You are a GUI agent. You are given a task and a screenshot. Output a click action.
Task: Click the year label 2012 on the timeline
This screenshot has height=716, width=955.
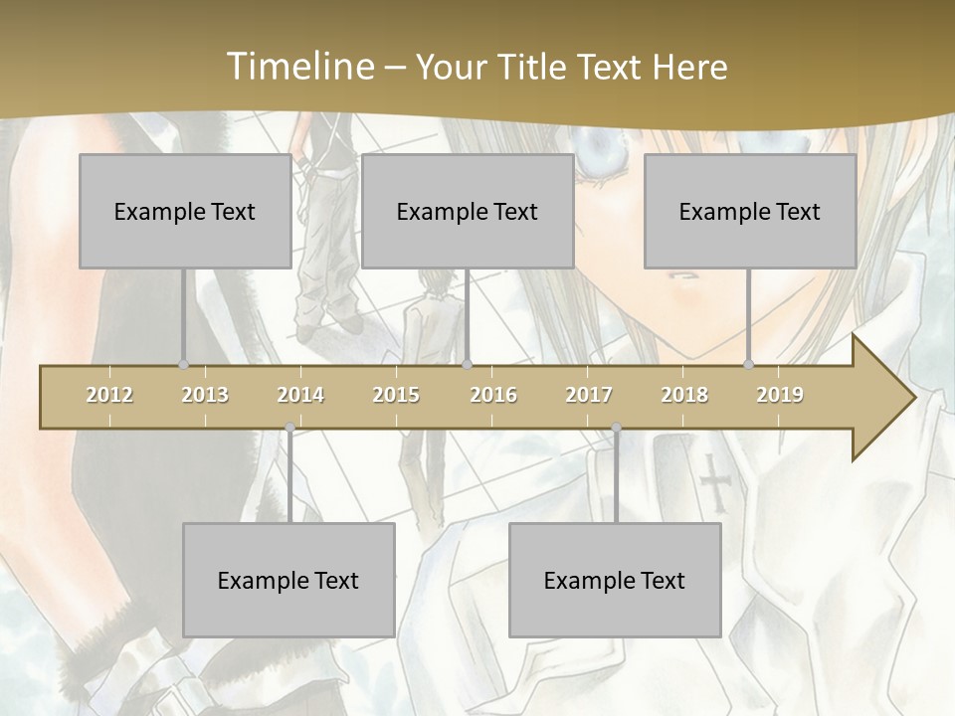[x=109, y=395]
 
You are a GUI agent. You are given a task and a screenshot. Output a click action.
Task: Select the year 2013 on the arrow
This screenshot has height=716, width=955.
[x=205, y=395]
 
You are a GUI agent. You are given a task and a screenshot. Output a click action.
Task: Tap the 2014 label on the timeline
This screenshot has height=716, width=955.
[x=300, y=395]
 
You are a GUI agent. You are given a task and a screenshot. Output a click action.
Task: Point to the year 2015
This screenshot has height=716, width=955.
[x=396, y=395]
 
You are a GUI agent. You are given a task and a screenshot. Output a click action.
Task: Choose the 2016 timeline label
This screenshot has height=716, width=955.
[x=493, y=395]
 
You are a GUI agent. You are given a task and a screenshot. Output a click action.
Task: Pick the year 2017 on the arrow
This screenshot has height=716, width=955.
[x=589, y=395]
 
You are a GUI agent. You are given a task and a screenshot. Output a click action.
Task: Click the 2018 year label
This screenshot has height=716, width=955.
[x=684, y=395]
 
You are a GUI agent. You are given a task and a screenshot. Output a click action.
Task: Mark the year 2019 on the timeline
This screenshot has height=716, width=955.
[x=780, y=395]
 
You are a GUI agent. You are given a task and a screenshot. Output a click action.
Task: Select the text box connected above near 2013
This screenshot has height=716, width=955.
[x=185, y=211]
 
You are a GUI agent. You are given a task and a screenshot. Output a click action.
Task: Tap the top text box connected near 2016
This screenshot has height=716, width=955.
[x=468, y=211]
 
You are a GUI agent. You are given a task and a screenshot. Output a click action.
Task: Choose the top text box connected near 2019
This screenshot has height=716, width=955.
[x=750, y=211]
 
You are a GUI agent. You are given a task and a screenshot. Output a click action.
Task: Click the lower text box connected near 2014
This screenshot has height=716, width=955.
[x=288, y=580]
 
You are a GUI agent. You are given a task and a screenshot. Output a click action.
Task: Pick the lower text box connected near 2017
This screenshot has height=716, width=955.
[x=615, y=580]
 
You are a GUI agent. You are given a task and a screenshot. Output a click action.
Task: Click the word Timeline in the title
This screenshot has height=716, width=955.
[x=298, y=67]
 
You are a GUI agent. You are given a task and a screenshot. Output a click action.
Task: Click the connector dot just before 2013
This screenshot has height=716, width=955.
[x=183, y=364]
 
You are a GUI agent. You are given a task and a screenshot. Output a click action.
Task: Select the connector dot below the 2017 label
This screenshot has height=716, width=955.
[x=617, y=428]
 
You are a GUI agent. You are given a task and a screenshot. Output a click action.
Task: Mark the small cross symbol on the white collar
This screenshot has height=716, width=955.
[x=714, y=482]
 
